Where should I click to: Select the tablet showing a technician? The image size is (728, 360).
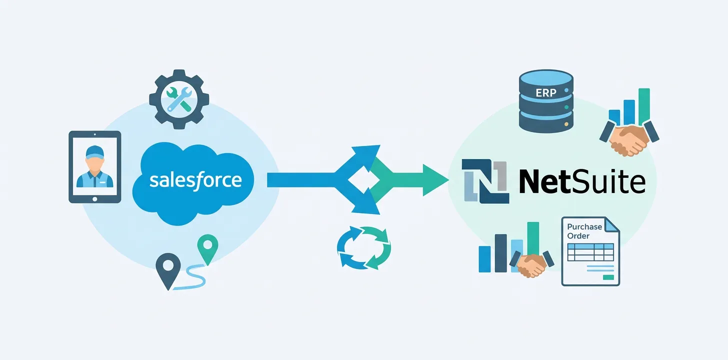(94, 167)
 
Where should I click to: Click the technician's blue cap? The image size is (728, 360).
(94, 151)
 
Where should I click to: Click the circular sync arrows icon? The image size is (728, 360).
(364, 247)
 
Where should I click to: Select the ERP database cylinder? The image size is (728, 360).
(545, 101)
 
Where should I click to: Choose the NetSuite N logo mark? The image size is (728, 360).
(484, 181)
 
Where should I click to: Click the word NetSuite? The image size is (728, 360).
(582, 181)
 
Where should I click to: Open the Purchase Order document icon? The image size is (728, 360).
(590, 251)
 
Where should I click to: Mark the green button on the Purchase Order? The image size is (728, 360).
(608, 276)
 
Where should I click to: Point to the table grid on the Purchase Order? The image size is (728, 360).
(590, 252)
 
